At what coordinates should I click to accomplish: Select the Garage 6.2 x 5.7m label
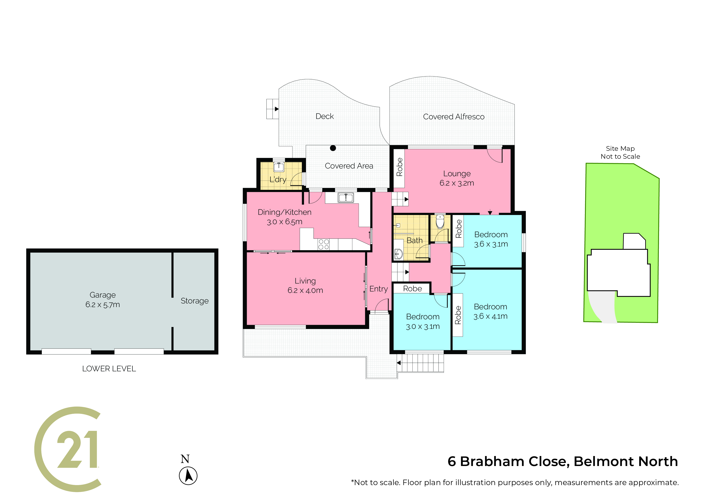(x=103, y=300)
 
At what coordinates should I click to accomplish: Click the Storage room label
(x=195, y=301)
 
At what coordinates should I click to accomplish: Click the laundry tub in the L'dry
(x=279, y=167)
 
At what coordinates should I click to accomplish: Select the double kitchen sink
(x=346, y=198)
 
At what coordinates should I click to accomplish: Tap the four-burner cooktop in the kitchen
(x=324, y=244)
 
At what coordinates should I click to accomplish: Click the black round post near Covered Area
(x=333, y=148)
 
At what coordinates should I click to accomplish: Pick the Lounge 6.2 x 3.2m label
(x=457, y=178)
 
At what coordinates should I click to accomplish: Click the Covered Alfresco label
(x=454, y=117)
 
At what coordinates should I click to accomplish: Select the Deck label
(x=325, y=116)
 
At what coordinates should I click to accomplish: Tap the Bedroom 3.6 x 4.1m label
(x=491, y=312)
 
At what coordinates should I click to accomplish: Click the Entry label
(x=379, y=289)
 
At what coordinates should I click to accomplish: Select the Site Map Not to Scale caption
(x=620, y=152)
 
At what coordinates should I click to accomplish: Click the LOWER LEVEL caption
(x=109, y=369)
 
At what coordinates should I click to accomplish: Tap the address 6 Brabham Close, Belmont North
(x=563, y=462)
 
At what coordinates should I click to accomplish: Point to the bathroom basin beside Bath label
(x=398, y=254)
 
